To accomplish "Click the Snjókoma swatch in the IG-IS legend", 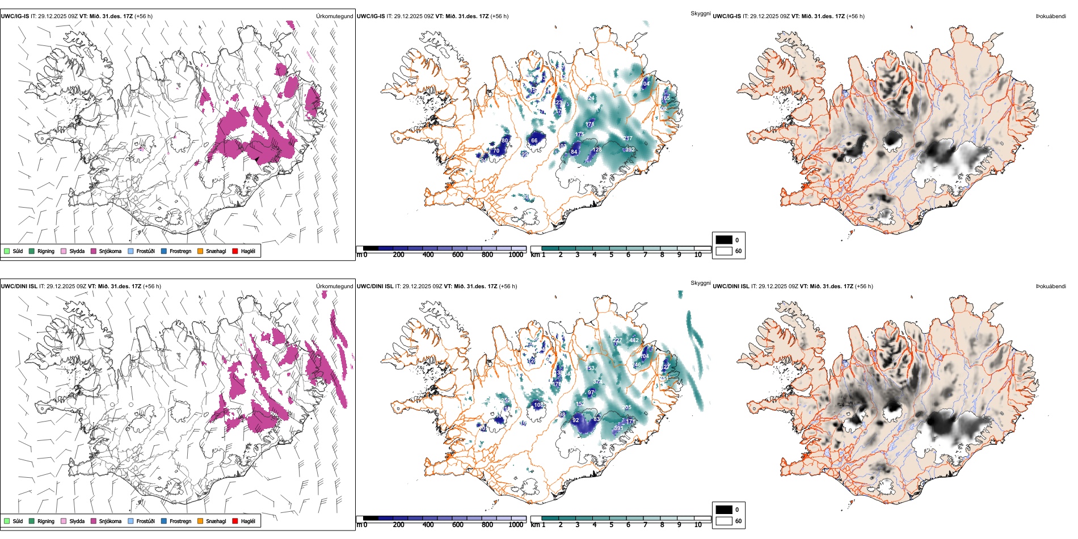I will click(x=94, y=251).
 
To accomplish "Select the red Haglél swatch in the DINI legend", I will click(x=235, y=521).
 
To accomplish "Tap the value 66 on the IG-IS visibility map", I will click(x=534, y=140).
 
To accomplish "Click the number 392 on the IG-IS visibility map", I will click(x=630, y=150).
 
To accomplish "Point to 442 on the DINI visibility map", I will click(x=634, y=340).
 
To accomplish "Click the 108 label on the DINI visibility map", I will click(x=538, y=405).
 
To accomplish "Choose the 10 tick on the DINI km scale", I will click(x=698, y=525).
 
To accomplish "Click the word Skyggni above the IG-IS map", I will click(x=700, y=13).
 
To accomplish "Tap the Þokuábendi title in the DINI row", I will click(x=1051, y=286).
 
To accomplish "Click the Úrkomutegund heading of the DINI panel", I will click(x=334, y=286).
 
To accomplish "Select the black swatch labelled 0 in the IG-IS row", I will click(x=724, y=240).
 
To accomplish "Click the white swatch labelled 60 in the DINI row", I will click(x=724, y=521).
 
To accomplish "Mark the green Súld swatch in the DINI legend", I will click(x=7, y=521).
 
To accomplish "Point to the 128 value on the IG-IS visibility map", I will click(x=596, y=150).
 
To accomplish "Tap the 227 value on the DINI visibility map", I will click(x=617, y=340).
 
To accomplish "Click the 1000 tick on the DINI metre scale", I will click(x=516, y=525).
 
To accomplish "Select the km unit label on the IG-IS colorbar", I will click(x=534, y=255).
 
